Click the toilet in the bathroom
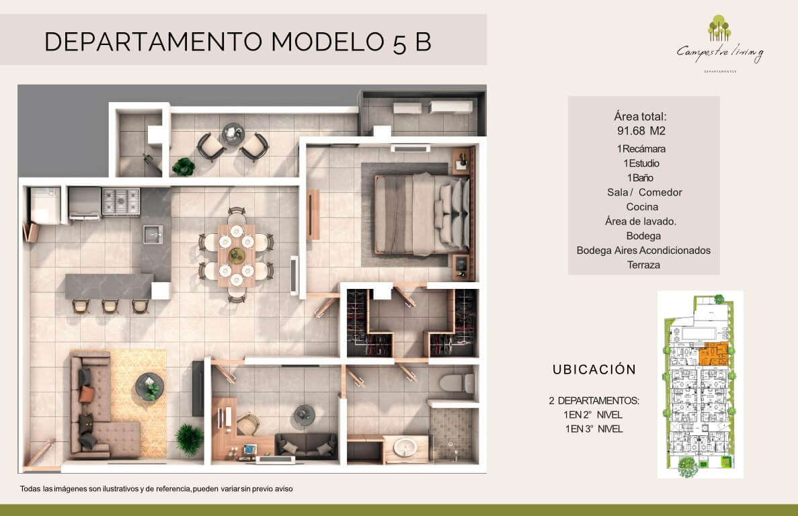457,383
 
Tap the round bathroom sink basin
405,447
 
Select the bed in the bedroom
422,214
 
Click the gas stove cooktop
120,202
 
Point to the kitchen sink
153,234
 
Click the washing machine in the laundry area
45,206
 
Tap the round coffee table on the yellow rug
150,386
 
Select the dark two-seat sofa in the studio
306,445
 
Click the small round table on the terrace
233,134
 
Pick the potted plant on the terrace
184,167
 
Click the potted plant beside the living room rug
190,440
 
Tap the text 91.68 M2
641,130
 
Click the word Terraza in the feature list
643,265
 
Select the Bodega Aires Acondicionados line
643,250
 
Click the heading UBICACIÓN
594,370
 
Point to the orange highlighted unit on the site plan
713,355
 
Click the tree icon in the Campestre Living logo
719,28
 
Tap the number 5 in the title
399,44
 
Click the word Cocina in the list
642,207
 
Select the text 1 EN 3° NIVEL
594,429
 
